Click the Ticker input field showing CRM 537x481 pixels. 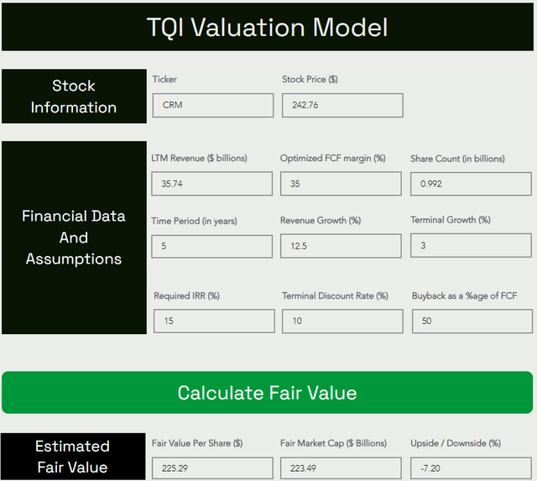(212, 105)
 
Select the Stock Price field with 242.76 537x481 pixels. (342, 105)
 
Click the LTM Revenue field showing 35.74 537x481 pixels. (211, 184)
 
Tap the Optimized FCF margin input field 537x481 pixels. (341, 184)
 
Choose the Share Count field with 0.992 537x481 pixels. (471, 184)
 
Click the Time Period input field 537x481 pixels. (211, 246)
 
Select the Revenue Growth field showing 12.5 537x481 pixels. (341, 246)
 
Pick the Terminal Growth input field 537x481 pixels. (471, 245)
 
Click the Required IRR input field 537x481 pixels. (214, 321)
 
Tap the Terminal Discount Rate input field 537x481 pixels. (342, 321)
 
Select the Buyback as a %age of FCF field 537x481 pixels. (472, 321)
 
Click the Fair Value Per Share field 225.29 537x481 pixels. (212, 468)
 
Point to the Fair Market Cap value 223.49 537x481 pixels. (341, 468)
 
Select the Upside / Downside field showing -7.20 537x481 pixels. (471, 468)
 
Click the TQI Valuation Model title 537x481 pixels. (268, 27)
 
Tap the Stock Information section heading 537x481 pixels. (74, 97)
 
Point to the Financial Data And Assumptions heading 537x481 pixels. (74, 238)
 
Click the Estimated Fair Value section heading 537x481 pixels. (73, 457)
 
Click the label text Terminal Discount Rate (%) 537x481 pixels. (335, 295)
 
